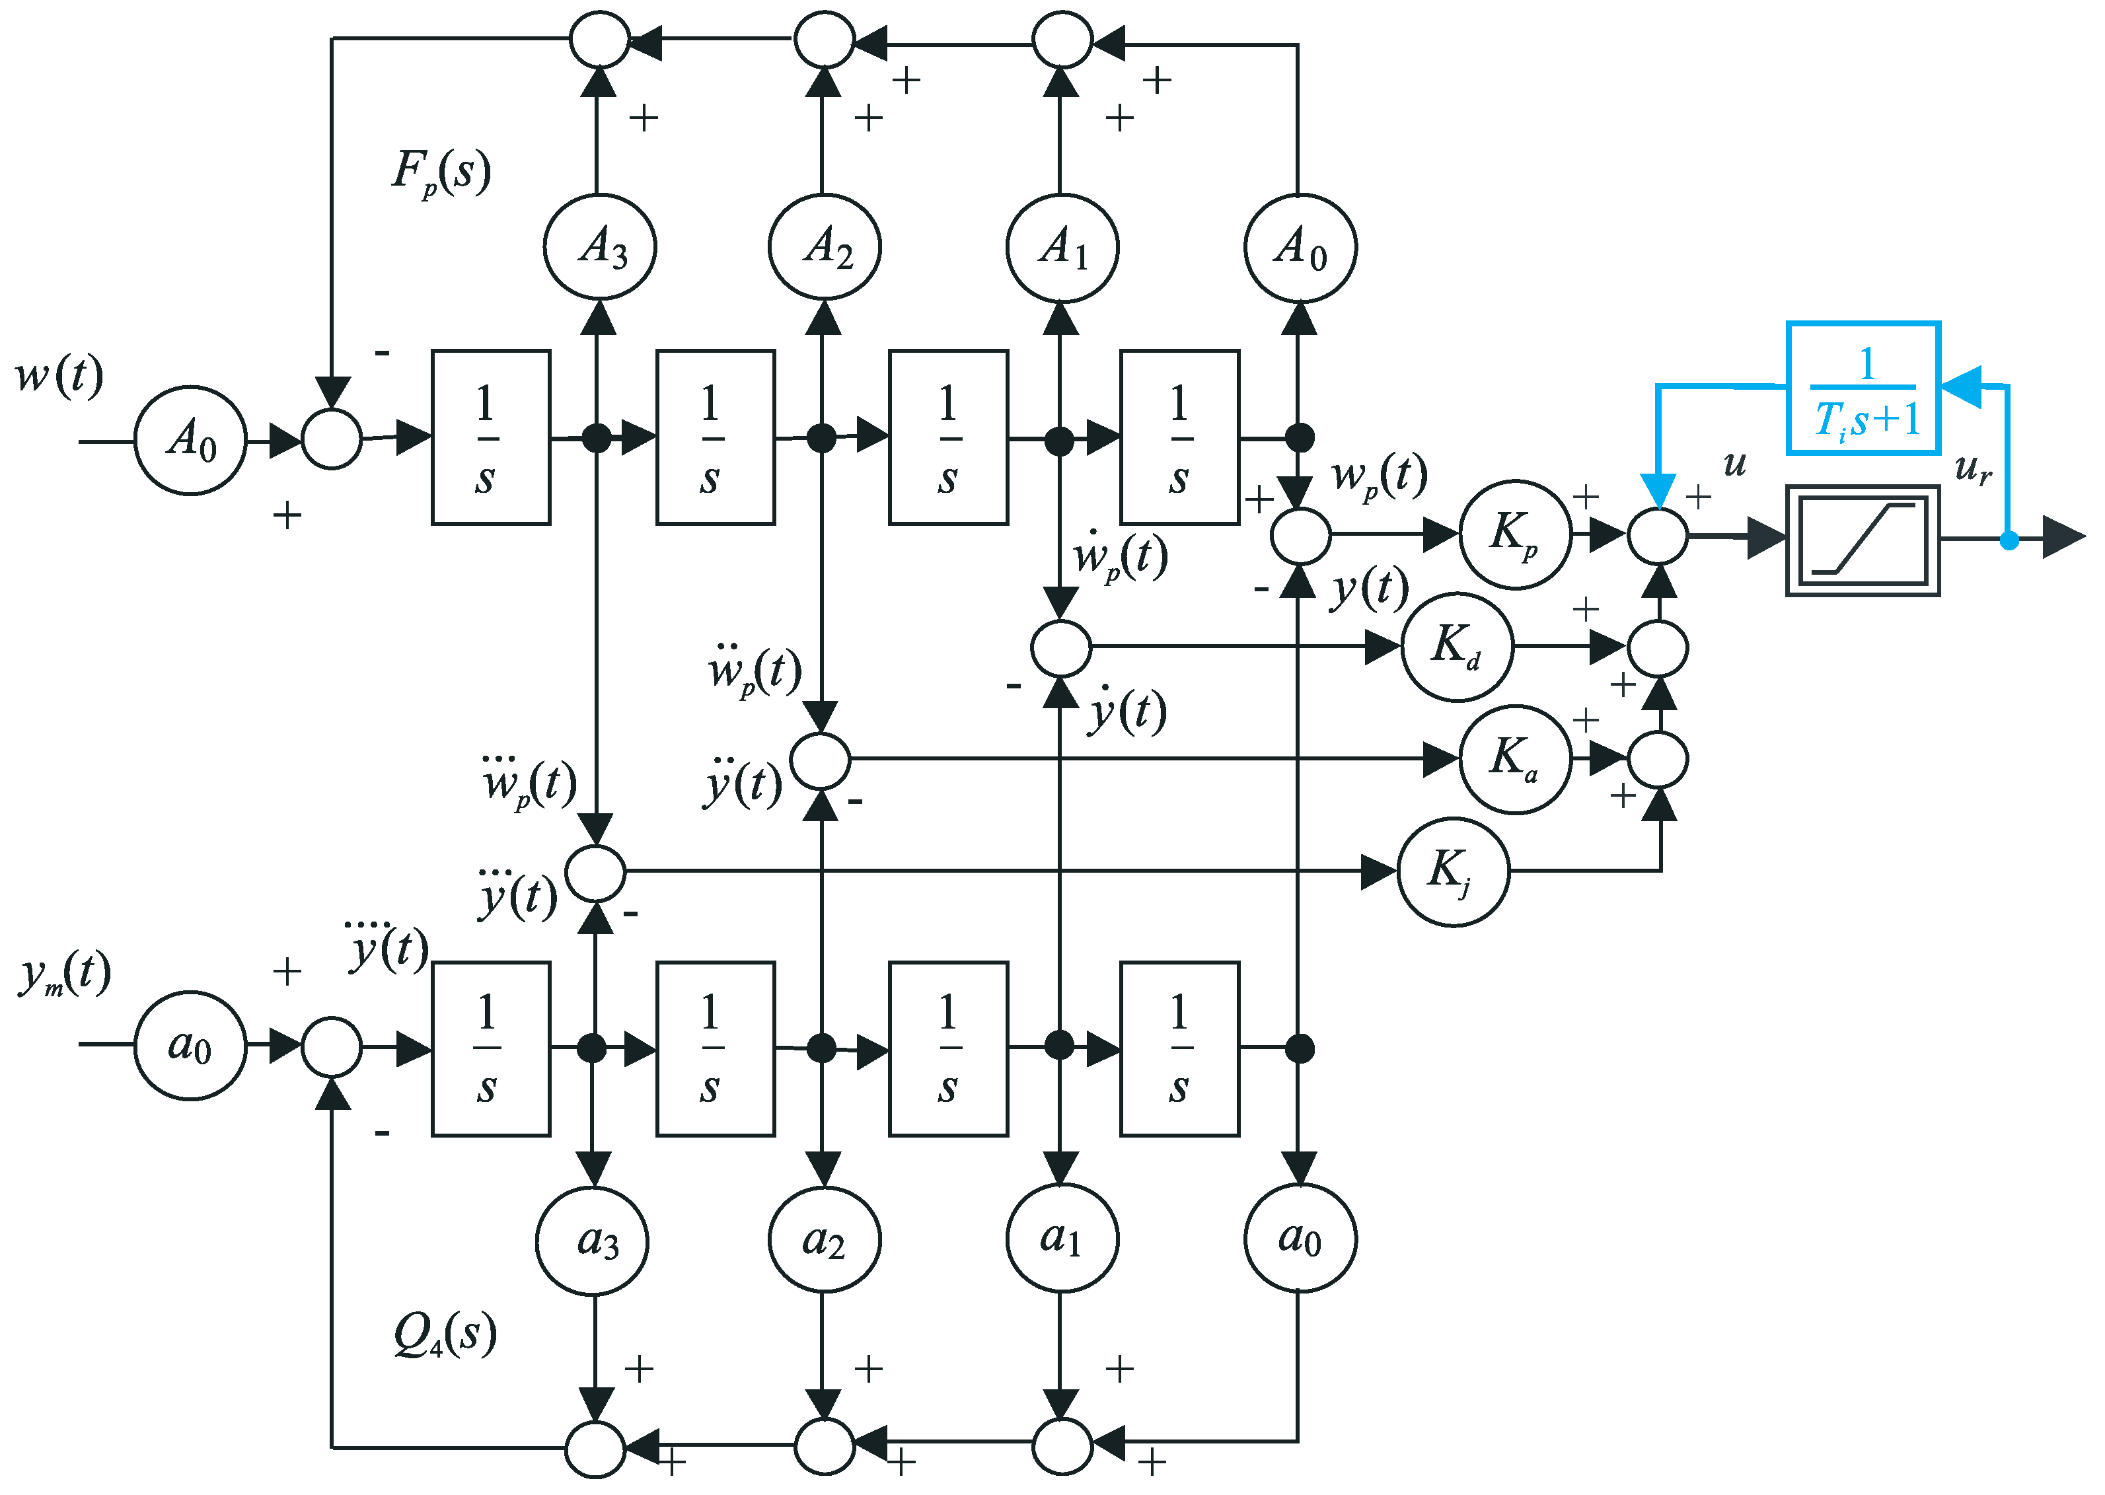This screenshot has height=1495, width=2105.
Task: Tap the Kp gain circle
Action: tap(1514, 534)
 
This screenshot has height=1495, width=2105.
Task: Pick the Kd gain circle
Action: tap(1456, 646)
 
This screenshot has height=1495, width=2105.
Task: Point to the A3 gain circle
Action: tap(599, 246)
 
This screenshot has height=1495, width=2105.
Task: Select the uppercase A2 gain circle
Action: tap(824, 246)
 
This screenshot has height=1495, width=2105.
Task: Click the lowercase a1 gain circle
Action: tap(1062, 1240)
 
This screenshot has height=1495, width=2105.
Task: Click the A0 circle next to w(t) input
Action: tap(190, 440)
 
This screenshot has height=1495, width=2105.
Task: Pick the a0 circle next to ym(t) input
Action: tap(190, 1046)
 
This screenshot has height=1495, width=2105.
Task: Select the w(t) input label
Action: tap(59, 376)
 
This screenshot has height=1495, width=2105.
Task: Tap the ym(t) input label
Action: tap(65, 974)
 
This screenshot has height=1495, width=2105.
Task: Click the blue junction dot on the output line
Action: tap(2009, 541)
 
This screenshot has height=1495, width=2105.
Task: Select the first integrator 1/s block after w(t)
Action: tap(491, 437)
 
